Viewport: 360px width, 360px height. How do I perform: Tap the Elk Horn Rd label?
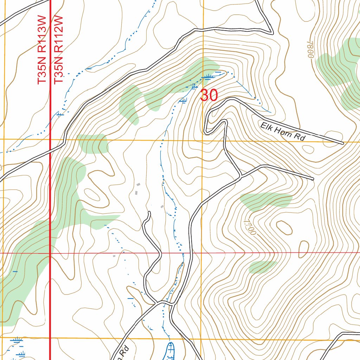[x=282, y=131]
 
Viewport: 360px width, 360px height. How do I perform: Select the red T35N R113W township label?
[x=42, y=49]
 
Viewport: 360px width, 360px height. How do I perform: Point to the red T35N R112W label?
[x=58, y=49]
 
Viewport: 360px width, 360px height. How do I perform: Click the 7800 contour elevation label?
[x=309, y=50]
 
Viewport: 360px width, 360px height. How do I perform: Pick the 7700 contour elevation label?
[x=249, y=226]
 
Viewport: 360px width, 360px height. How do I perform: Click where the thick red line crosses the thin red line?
[x=50, y=253]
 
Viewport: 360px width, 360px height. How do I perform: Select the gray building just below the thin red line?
[x=114, y=256]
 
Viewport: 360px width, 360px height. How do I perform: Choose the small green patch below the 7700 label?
[x=262, y=267]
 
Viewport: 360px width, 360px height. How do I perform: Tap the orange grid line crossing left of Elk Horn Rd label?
[x=202, y=140]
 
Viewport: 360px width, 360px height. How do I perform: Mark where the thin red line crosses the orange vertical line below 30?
[x=201, y=253]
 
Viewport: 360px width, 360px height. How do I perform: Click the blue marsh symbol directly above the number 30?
[x=207, y=76]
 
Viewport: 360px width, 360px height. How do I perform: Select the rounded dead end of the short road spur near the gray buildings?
[x=149, y=213]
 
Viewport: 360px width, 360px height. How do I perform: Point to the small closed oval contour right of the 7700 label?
[x=284, y=228]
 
